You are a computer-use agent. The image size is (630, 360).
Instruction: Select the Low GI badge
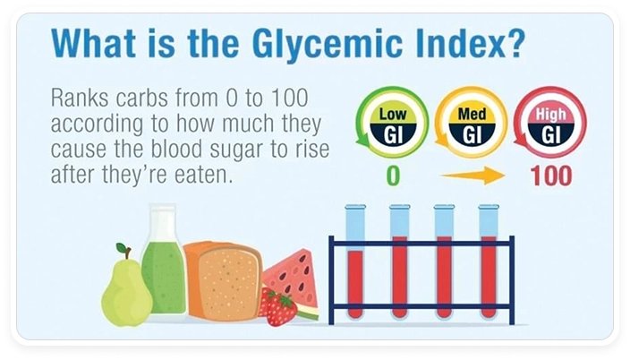pos(392,123)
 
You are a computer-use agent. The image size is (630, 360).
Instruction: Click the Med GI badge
pos(472,123)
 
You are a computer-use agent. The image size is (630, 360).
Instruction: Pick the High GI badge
pos(550,123)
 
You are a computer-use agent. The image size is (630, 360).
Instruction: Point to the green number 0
pos(393,176)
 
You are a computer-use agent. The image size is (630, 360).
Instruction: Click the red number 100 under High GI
pos(551,176)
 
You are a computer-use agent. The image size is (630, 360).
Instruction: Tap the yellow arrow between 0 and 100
pos(472,176)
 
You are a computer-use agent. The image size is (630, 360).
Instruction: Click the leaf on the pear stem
pos(121,249)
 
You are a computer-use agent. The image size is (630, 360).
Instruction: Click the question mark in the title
pos(515,41)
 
